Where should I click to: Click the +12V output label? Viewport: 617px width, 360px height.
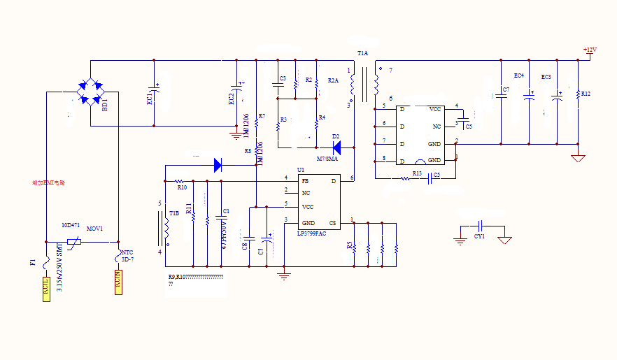(x=590, y=50)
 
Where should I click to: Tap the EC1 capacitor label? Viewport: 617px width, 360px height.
(x=150, y=99)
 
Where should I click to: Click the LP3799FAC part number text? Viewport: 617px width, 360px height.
(x=311, y=233)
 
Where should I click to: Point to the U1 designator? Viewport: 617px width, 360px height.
(x=301, y=170)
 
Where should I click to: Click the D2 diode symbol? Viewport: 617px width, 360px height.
(x=336, y=147)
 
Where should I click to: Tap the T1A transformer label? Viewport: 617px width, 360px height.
(x=362, y=53)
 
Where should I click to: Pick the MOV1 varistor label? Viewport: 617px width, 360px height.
(x=94, y=229)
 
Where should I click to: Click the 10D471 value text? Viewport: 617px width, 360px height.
(x=70, y=226)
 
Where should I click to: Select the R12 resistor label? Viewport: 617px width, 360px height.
(x=586, y=94)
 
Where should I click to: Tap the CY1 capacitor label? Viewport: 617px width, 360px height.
(x=479, y=236)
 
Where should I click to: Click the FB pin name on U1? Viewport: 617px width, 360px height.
(x=305, y=181)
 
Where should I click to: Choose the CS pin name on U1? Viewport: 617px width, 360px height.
(x=333, y=223)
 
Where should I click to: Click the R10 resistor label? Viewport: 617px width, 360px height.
(x=182, y=187)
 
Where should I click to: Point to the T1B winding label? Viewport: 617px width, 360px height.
(x=174, y=213)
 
